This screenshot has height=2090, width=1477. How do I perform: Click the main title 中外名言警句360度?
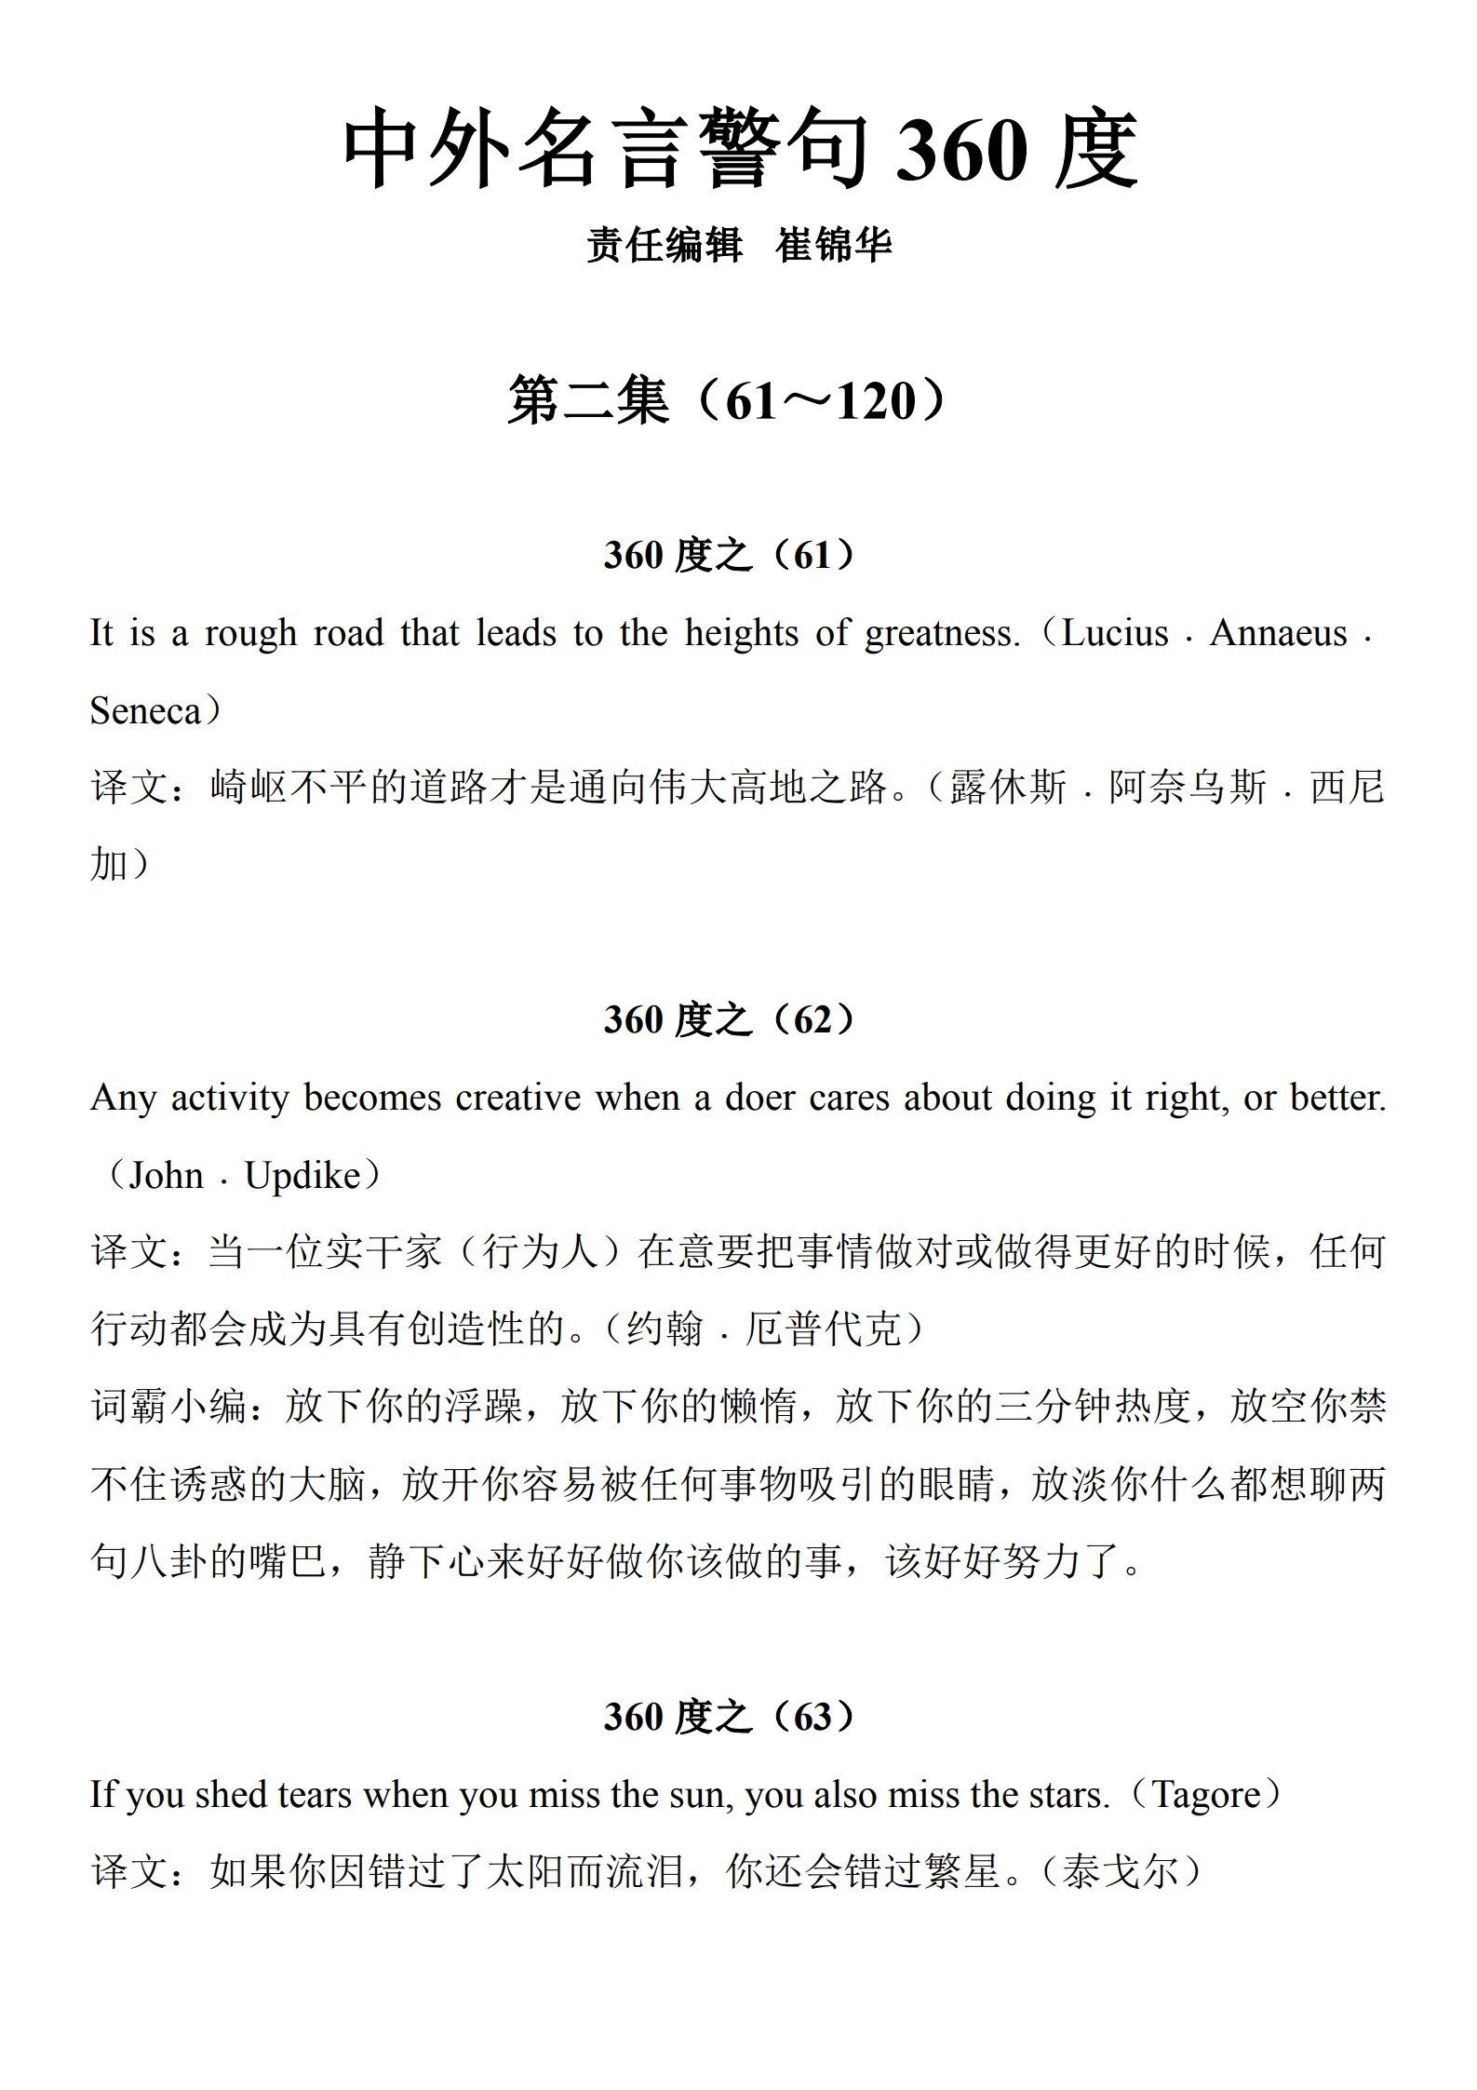(740, 149)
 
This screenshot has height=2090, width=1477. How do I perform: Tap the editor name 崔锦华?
(833, 246)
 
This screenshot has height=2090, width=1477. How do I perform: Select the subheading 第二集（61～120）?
(731, 401)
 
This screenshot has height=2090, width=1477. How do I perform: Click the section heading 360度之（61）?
(731, 556)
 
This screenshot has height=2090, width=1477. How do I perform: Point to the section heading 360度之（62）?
(731, 1019)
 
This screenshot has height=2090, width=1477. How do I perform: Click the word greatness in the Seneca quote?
(942, 634)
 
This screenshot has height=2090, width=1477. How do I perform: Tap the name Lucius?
(1114, 634)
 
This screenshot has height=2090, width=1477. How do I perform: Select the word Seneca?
(145, 712)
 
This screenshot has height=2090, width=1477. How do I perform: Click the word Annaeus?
(1278, 634)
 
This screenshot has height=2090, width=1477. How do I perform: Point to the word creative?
(517, 1098)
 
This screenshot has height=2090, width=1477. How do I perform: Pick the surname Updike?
(302, 1176)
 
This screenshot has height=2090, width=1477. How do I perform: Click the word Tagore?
(1205, 1795)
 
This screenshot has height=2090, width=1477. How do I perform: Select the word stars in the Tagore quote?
(1070, 1795)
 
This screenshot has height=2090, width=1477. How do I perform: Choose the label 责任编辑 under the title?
(664, 246)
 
